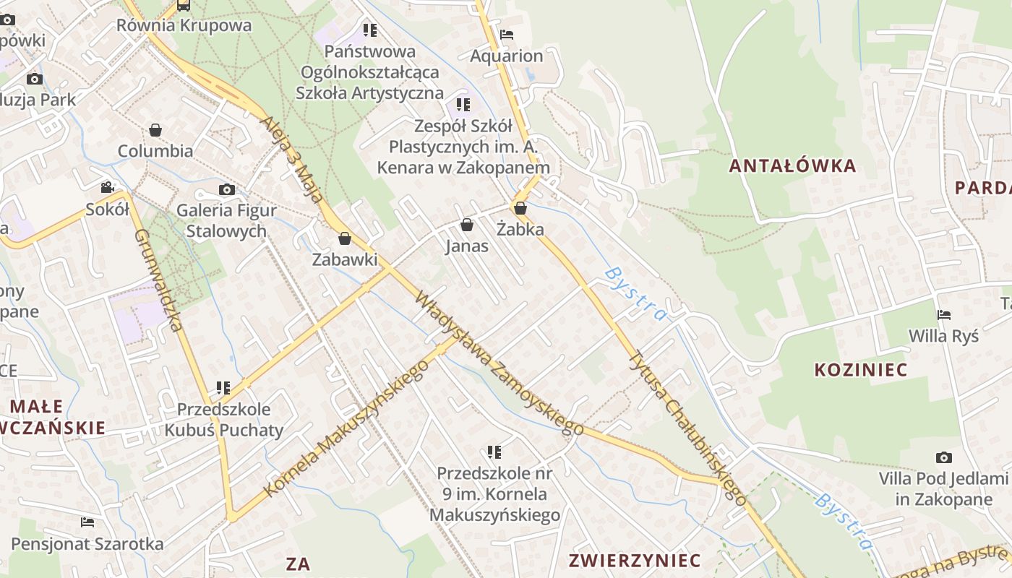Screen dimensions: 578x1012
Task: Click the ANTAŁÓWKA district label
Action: (792, 166)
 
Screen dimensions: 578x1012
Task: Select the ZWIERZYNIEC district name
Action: (635, 561)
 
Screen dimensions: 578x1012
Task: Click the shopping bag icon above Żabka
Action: (520, 208)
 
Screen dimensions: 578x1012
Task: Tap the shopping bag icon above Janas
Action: (467, 225)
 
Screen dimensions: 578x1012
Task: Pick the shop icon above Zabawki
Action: (345, 238)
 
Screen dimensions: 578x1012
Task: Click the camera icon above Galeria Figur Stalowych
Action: (227, 189)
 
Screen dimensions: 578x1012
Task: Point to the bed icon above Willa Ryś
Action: (943, 314)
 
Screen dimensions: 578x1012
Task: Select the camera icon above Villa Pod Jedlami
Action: (943, 457)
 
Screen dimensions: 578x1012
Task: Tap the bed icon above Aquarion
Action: (507, 34)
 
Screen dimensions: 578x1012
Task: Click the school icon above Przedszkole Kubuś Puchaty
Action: (223, 388)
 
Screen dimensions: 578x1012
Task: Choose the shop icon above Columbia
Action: (155, 130)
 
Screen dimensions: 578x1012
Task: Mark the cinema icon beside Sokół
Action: (107, 188)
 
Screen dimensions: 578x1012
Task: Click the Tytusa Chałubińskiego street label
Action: (687, 426)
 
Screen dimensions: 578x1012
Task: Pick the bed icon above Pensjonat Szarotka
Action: (87, 522)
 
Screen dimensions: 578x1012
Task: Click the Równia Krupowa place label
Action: (184, 26)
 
